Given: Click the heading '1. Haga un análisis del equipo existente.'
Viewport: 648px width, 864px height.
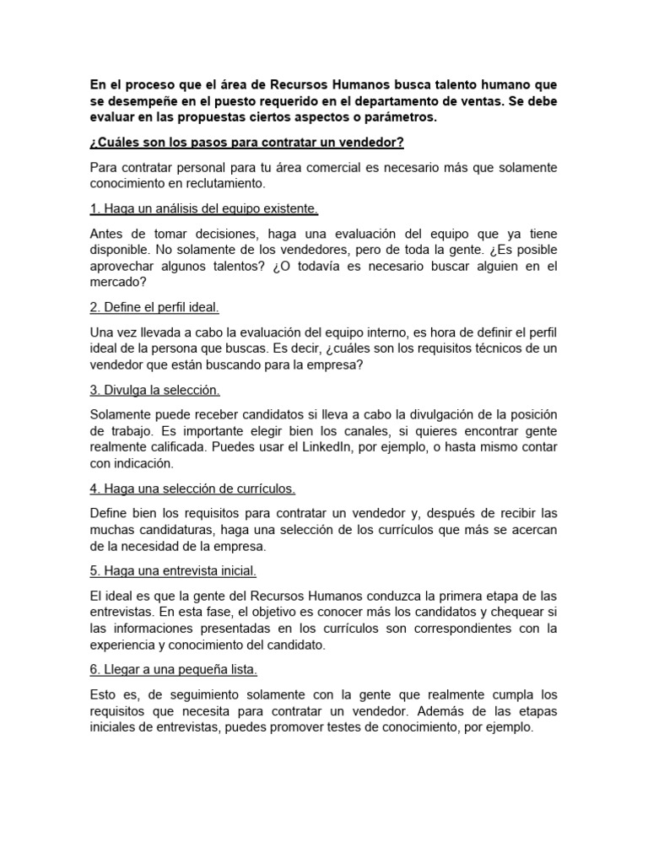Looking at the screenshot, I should point(203,208).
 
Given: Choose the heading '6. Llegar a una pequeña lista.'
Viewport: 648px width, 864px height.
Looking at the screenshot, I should point(173,669).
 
